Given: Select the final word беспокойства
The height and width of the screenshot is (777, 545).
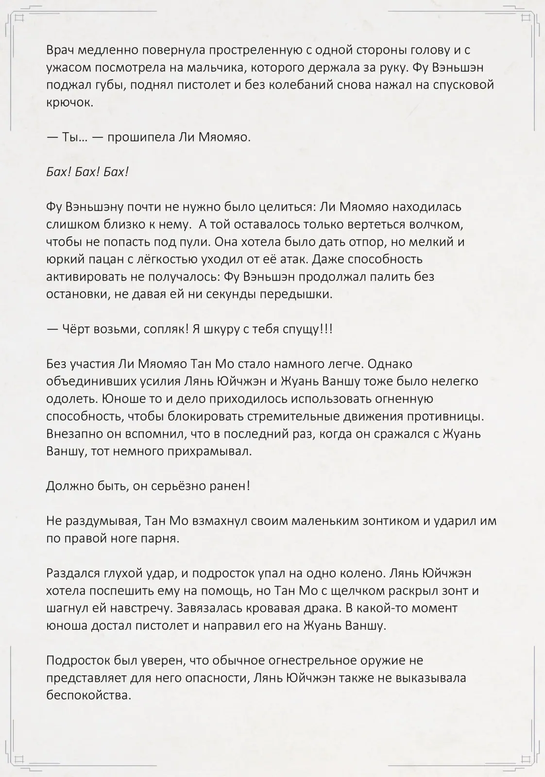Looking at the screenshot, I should pyautogui.click(x=88, y=695).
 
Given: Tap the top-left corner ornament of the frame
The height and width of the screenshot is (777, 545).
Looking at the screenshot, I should pyautogui.click(x=19, y=18).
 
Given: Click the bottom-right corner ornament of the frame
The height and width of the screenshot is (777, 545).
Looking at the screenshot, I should pyautogui.click(x=526, y=758).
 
